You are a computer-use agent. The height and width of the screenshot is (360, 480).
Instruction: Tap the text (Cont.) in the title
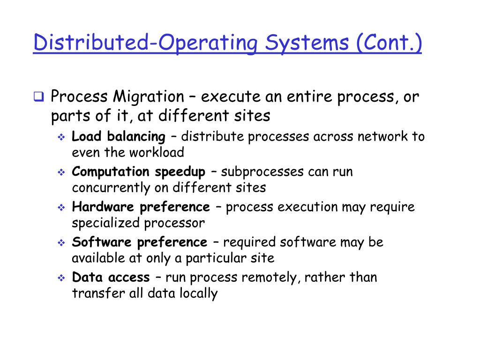[x=389, y=43]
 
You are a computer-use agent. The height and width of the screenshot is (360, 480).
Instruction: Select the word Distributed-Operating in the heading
[x=145, y=43]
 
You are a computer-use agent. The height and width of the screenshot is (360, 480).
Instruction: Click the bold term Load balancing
[x=118, y=137]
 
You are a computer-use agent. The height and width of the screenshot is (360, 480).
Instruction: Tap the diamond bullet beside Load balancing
[x=61, y=137]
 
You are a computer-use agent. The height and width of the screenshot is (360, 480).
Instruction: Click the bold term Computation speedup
[x=138, y=172]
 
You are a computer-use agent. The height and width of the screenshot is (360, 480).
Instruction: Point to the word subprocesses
[x=262, y=172]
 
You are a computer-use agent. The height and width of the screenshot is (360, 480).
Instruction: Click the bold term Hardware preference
[x=141, y=207]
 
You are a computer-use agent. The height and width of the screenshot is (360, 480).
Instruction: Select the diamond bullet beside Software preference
[x=61, y=243]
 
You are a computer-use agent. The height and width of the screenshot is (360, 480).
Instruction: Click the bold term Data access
[x=111, y=277]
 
